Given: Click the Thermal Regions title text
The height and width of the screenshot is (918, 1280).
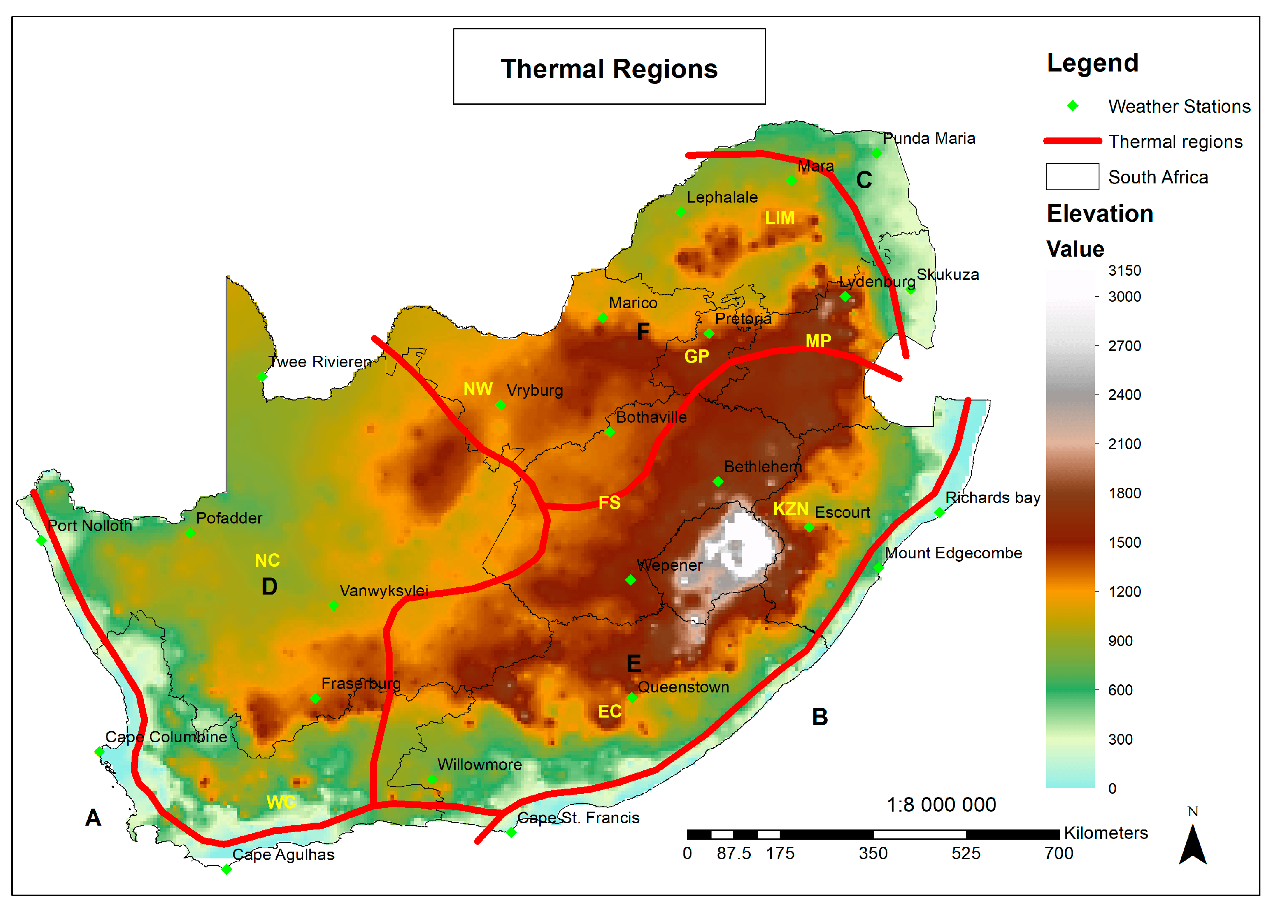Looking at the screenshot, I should (608, 69).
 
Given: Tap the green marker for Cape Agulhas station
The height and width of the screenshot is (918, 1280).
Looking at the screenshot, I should (226, 869).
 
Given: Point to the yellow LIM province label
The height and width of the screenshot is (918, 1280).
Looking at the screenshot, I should (779, 218).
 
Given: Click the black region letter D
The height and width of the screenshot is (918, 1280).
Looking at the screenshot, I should (269, 587).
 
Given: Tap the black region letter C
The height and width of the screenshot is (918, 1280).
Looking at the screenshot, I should (864, 180).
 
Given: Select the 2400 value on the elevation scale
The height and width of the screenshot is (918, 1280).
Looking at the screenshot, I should (1124, 395).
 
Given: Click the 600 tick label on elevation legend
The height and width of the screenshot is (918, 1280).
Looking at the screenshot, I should (1120, 690).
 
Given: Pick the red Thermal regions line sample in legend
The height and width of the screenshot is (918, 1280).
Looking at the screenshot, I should (1072, 141).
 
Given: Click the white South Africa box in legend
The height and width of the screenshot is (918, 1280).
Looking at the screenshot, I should (1072, 177).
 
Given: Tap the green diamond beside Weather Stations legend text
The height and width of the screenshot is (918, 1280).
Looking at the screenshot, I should (1072, 106).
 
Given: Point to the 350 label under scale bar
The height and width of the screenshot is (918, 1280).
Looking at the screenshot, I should (872, 853).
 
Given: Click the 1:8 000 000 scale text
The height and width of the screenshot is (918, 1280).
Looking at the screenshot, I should (941, 805).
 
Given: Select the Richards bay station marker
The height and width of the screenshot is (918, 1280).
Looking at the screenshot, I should (939, 512).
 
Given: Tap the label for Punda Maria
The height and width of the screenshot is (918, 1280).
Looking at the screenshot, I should (928, 138).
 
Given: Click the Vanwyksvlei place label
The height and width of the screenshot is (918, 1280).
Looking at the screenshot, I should (384, 591).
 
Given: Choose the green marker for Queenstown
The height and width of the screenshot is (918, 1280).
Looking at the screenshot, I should (631, 698).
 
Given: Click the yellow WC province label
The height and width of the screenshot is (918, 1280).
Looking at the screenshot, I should (281, 802).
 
